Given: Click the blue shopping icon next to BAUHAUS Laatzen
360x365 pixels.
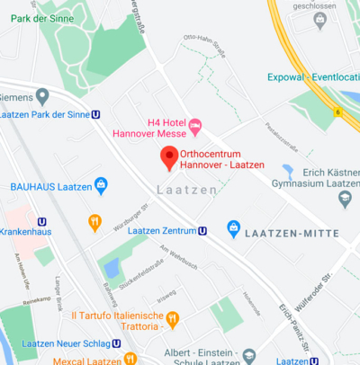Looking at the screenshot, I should pyautogui.click(x=101, y=185).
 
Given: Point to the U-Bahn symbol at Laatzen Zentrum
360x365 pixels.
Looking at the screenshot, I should pyautogui.click(x=202, y=230).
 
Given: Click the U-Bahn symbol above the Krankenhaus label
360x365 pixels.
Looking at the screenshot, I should pyautogui.click(x=42, y=221).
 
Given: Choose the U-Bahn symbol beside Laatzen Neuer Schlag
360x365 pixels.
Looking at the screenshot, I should pyautogui.click(x=116, y=343).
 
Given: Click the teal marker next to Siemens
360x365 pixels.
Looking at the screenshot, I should pyautogui.click(x=41, y=95).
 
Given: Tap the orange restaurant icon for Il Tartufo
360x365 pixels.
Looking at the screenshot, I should pyautogui.click(x=174, y=318).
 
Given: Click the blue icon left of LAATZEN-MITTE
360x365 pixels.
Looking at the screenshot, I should pyautogui.click(x=234, y=229).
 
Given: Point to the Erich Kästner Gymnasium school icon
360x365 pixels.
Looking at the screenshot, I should pyautogui.click(x=288, y=171).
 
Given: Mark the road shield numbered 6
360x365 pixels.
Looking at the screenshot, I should pyautogui.click(x=337, y=111).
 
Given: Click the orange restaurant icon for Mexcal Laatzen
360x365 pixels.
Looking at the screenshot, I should pyautogui.click(x=130, y=359).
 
